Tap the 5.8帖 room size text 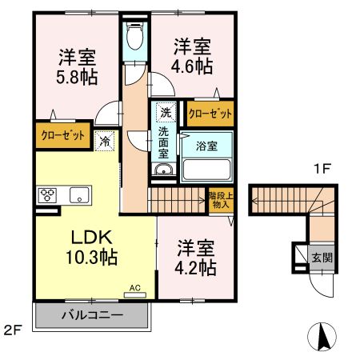click(x=76, y=78)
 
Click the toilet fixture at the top click(x=135, y=35)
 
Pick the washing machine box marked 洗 click(x=164, y=113)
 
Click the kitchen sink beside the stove click(x=79, y=194)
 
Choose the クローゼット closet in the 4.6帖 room click(x=210, y=114)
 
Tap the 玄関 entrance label click(x=321, y=257)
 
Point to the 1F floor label click(x=321, y=168)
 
